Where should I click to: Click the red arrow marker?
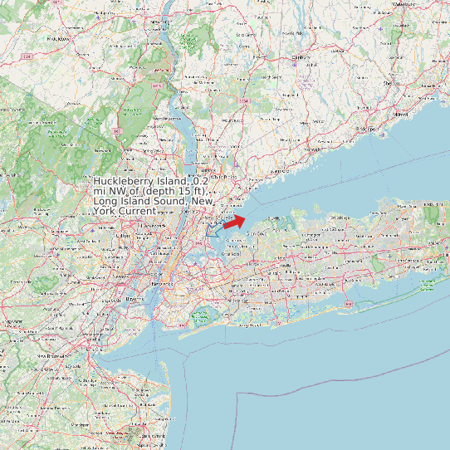pyautogui.click(x=235, y=221)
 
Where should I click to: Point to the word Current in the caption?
pyautogui.click(x=136, y=211)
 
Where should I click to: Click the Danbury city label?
pyautogui.click(x=301, y=57)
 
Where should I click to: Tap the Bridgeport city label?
pyautogui.click(x=369, y=130)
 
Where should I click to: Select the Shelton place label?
pyautogui.click(x=389, y=83)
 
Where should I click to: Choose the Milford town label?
pyautogui.click(x=402, y=114)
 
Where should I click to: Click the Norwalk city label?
pyautogui.click(x=312, y=149)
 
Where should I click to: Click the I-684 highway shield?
pyautogui.click(x=243, y=101)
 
